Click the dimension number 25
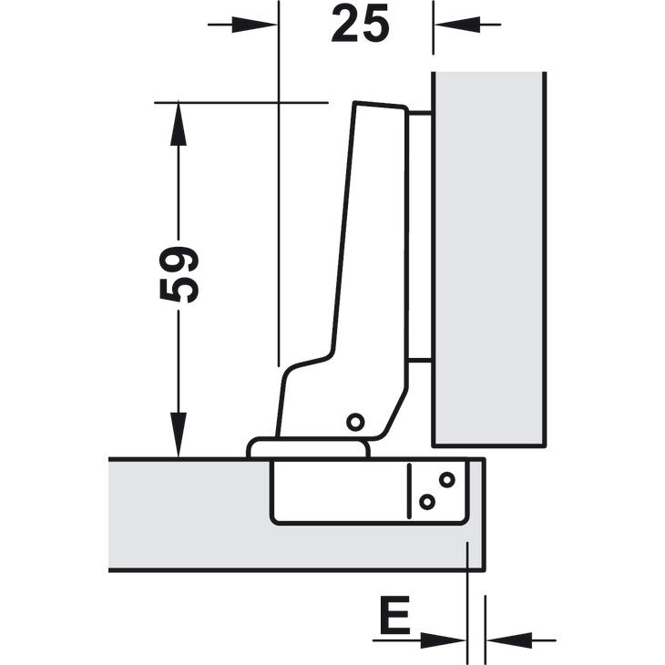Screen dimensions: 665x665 pos(360,25)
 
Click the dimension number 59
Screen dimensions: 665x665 pos(179,275)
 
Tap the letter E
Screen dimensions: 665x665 pos(394,614)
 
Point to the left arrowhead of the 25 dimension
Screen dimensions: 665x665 pos(254,25)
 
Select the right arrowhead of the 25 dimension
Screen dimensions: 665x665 pos(457,25)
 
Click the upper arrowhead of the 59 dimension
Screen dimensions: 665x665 pos(179,124)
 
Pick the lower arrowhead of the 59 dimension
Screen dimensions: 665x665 pos(179,435)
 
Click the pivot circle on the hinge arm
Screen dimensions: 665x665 pos(355,422)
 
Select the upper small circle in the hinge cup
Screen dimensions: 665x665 pos(447,480)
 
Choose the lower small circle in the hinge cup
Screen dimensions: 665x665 pos(427,502)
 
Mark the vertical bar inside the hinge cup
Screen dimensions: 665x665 pos(409,491)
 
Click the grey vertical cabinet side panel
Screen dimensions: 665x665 pos(489,259)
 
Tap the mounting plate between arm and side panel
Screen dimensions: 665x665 pos(420,238)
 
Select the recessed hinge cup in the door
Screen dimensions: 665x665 pos(370,492)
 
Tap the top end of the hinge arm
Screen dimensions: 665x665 pos(380,105)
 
